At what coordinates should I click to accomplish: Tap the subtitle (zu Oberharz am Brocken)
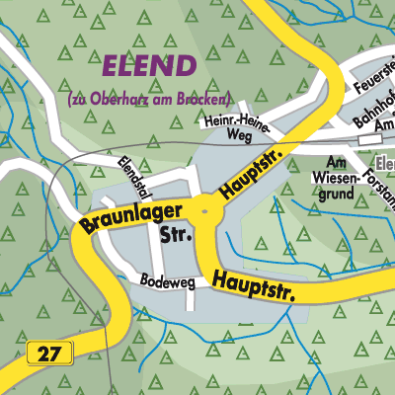pyautogui.click(x=149, y=100)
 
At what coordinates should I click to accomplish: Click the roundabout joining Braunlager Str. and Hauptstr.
pyautogui.click(x=205, y=208)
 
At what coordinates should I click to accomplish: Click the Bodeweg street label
pyautogui.click(x=163, y=279)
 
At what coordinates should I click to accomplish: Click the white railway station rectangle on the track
pyautogui.click(x=369, y=139)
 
